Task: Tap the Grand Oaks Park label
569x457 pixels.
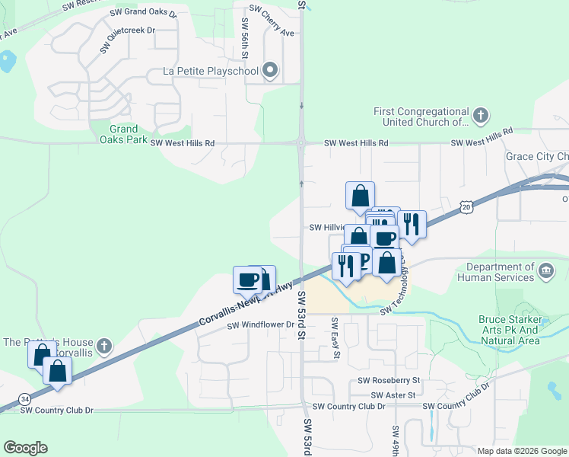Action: pyautogui.click(x=123, y=134)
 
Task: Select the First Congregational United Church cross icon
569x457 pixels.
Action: pyautogui.click(x=480, y=116)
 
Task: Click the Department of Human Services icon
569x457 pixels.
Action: pyautogui.click(x=545, y=272)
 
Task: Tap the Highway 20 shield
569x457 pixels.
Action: pyautogui.click(x=466, y=206)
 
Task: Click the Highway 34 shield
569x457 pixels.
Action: pyautogui.click(x=25, y=399)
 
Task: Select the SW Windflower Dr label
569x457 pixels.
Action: pyautogui.click(x=261, y=325)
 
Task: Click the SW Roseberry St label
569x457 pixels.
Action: pyautogui.click(x=389, y=380)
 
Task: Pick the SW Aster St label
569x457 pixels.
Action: pyautogui.click(x=393, y=395)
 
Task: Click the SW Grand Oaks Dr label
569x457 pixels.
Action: pyautogui.click(x=143, y=14)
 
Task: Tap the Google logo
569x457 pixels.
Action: pyautogui.click(x=25, y=448)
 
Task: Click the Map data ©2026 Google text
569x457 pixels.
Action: pyautogui.click(x=522, y=451)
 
